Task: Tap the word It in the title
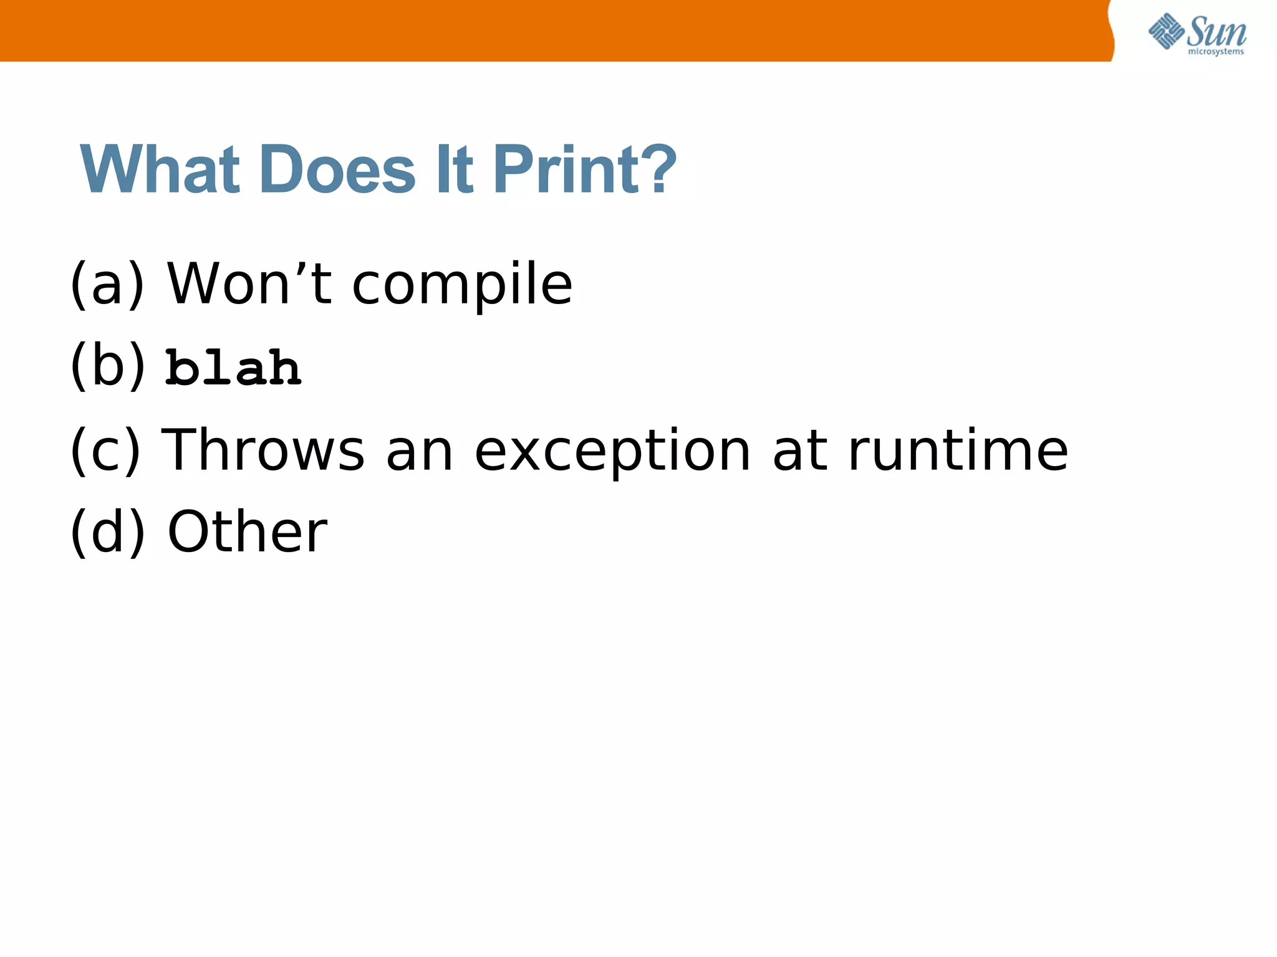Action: (x=454, y=169)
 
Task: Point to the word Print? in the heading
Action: (x=584, y=169)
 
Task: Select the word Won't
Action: (x=249, y=283)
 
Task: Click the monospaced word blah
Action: (x=233, y=368)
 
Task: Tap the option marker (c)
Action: (x=105, y=450)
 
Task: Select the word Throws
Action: (x=263, y=450)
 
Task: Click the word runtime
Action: (x=958, y=450)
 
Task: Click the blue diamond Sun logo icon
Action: (x=1166, y=31)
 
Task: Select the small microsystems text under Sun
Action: (x=1216, y=52)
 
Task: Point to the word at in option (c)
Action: (x=800, y=450)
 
